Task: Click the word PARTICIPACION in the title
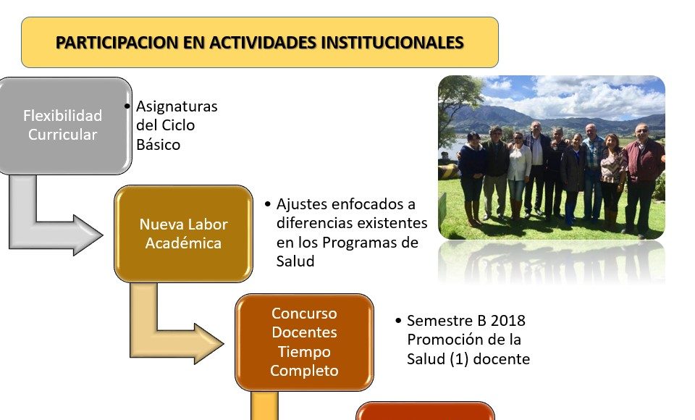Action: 117,43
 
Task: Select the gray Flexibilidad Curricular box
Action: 64,125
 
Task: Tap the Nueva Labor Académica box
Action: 183,234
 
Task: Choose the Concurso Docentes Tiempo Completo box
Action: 305,342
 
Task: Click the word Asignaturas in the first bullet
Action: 177,106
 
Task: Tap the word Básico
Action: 158,145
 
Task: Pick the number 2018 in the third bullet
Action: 508,320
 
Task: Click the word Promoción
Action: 447,340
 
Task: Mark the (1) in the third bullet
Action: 459,358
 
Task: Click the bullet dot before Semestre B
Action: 398,320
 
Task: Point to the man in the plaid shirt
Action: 593,173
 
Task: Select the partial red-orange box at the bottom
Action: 425,411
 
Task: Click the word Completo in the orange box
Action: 305,371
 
